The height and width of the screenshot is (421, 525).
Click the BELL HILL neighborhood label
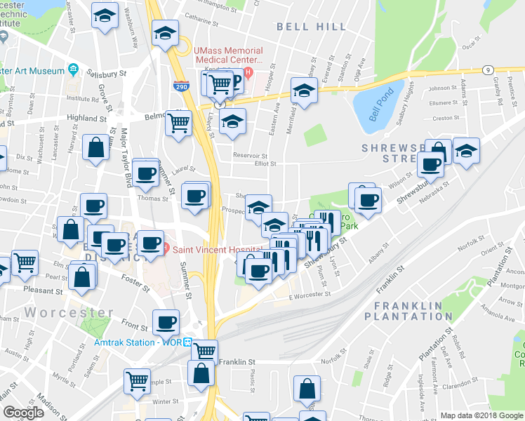click(x=311, y=27)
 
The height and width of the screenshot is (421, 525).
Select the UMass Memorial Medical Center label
click(x=229, y=55)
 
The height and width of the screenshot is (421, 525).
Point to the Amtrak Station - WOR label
click(x=139, y=343)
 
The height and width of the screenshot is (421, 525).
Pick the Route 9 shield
click(x=487, y=69)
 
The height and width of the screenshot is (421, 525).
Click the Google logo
click(x=24, y=413)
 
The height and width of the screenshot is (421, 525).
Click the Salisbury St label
click(x=107, y=72)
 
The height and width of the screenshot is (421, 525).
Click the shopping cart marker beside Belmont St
click(x=179, y=122)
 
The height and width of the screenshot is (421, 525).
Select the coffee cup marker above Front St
click(x=166, y=321)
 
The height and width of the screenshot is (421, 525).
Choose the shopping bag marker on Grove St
click(x=95, y=148)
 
